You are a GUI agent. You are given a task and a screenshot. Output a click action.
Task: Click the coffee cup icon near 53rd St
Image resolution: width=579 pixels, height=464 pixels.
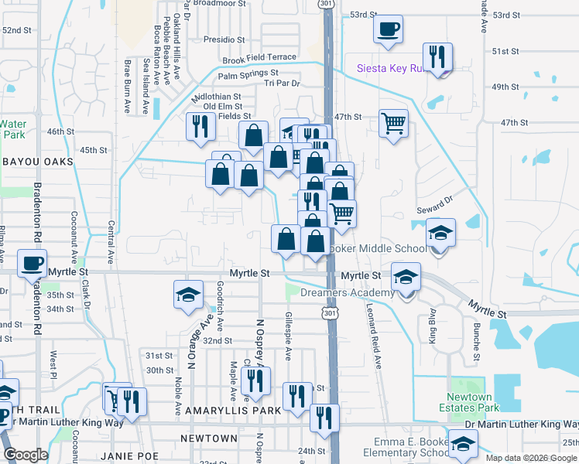[388, 29]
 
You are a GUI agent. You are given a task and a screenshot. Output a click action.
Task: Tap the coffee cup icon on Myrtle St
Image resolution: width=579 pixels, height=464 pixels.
[32, 263]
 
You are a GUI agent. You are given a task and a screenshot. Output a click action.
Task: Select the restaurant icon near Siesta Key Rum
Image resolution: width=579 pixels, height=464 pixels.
[437, 57]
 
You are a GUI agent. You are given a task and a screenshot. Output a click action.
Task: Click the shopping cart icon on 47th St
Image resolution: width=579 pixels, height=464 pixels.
[393, 121]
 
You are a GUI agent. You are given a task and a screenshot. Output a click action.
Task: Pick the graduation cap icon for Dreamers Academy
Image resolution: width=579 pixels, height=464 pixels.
[406, 276]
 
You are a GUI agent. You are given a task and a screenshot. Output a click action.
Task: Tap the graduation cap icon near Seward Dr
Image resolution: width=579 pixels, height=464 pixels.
[440, 232]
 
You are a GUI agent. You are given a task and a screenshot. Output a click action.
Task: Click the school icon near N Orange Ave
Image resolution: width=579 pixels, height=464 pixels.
[187, 295]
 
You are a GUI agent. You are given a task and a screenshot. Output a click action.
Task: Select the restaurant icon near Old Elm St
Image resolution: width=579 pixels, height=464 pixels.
[200, 125]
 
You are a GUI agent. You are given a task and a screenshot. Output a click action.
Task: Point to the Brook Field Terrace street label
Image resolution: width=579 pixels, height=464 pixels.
[259, 58]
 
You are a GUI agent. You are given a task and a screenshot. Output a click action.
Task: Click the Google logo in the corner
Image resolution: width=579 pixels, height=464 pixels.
[26, 455]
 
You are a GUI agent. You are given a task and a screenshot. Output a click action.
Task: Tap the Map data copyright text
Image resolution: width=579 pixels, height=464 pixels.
[531, 458]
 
